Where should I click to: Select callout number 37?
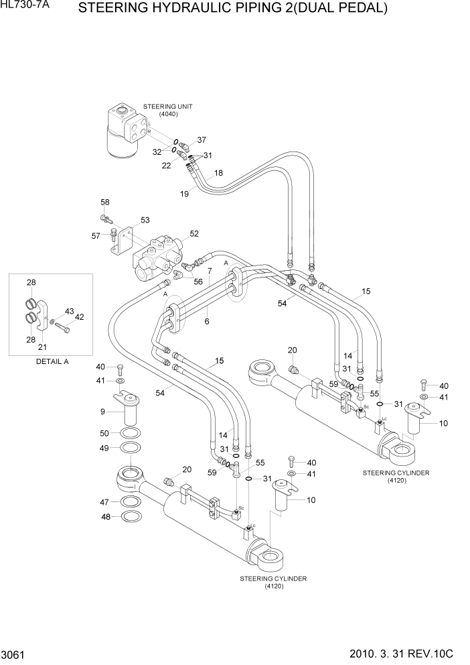[202, 140]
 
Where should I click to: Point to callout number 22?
[167, 166]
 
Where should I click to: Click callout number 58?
[105, 202]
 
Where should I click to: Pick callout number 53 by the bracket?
[145, 220]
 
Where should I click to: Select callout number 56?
[198, 282]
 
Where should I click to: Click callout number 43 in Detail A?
[69, 311]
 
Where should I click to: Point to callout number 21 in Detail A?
[42, 347]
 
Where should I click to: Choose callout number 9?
[102, 411]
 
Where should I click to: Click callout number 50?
[104, 432]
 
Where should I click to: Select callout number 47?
[104, 501]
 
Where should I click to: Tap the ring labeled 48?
[131, 516]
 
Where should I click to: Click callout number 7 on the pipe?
[209, 271]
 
